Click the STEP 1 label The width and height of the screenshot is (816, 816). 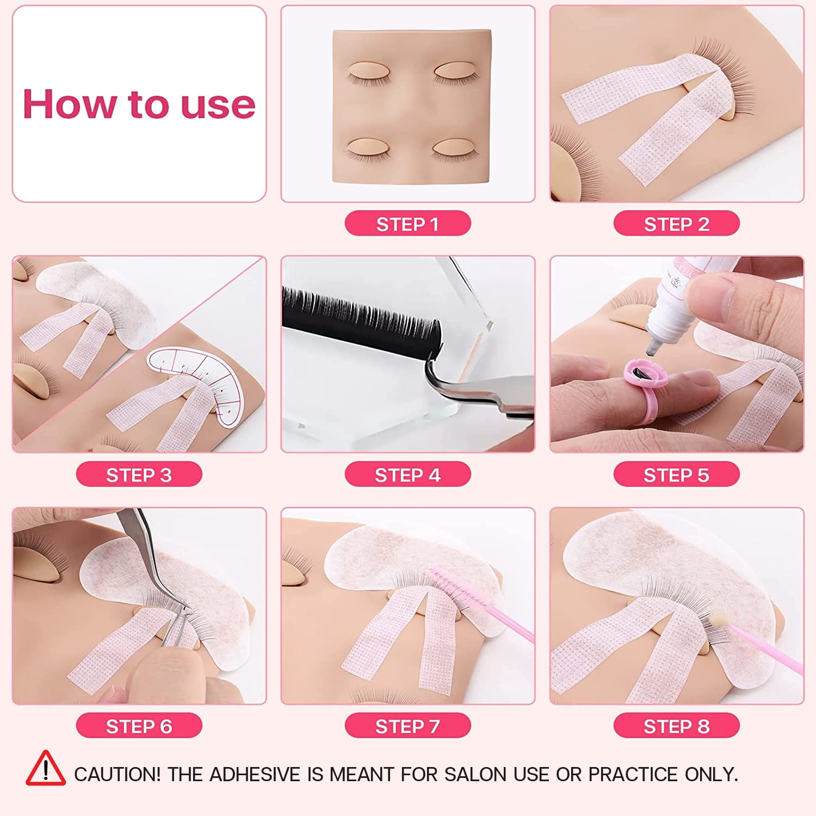[407, 224]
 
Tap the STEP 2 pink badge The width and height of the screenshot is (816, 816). [676, 224]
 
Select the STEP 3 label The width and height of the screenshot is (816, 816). [139, 475]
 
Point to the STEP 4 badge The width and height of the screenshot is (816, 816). [407, 475]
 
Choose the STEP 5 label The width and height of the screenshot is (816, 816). [676, 475]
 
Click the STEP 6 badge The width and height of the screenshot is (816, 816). [139, 726]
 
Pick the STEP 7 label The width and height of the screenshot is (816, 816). [407, 726]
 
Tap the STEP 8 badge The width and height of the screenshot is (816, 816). [676, 726]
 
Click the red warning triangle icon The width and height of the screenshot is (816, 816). [46, 769]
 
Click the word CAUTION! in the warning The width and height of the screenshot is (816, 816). [117, 774]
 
